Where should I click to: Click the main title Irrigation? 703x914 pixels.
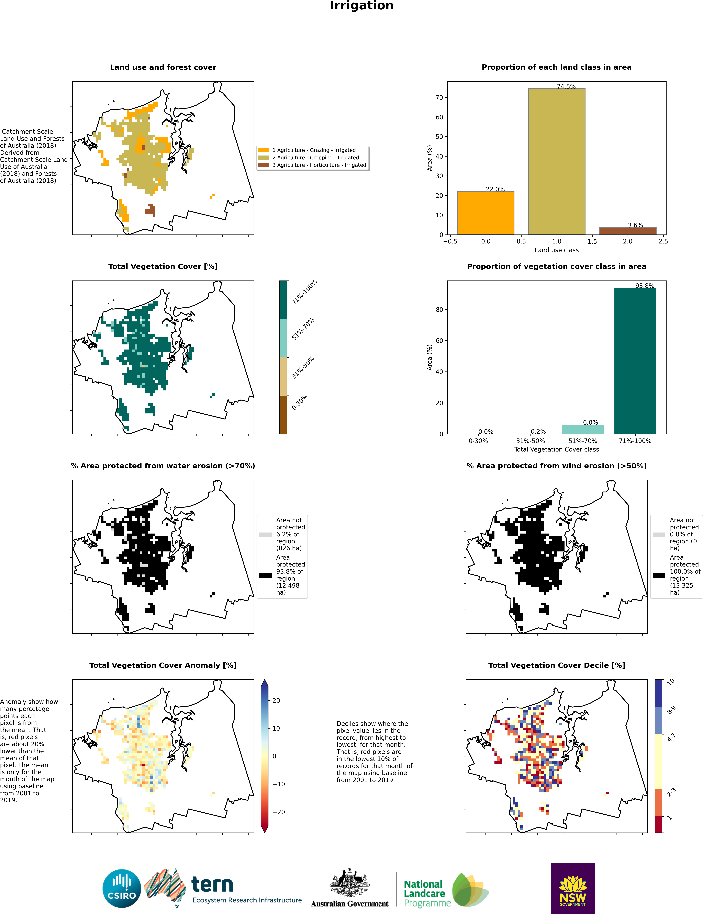[x=361, y=6]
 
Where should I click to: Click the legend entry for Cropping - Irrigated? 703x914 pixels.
[x=315, y=158]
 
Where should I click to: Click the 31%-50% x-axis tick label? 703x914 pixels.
[x=530, y=441]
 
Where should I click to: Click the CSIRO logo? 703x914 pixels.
[x=122, y=889]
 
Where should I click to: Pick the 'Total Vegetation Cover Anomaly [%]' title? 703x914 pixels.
[x=163, y=665]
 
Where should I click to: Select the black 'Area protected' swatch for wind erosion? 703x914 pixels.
[x=659, y=575]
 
